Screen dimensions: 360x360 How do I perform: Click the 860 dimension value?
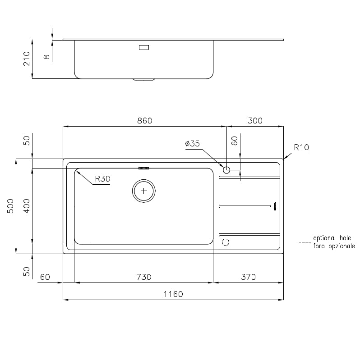tap(145, 121)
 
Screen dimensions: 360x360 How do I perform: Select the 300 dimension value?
tap(255, 121)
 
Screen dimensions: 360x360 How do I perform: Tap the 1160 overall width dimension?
tap(173, 294)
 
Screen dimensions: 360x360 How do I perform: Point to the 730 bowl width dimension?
tap(143, 277)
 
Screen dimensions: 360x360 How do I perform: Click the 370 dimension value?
tap(248, 277)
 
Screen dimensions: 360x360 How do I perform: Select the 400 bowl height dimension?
tap(27, 206)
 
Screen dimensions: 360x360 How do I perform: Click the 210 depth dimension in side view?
tap(27, 59)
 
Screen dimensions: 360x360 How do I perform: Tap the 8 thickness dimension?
tap(46, 56)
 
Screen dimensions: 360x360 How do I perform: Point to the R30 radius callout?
tap(102, 179)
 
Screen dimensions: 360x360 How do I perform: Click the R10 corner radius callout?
tap(301, 147)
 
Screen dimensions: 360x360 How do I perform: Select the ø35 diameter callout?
tap(192, 144)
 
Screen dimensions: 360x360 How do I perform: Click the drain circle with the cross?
tap(144, 191)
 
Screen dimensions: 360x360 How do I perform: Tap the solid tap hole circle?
tap(226, 170)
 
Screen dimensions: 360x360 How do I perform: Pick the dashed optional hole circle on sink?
tap(226, 242)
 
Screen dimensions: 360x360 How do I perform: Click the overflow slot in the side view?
tap(144, 47)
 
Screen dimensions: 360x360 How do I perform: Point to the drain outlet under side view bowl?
tap(144, 80)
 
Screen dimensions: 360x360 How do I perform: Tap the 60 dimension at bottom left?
tap(45, 277)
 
